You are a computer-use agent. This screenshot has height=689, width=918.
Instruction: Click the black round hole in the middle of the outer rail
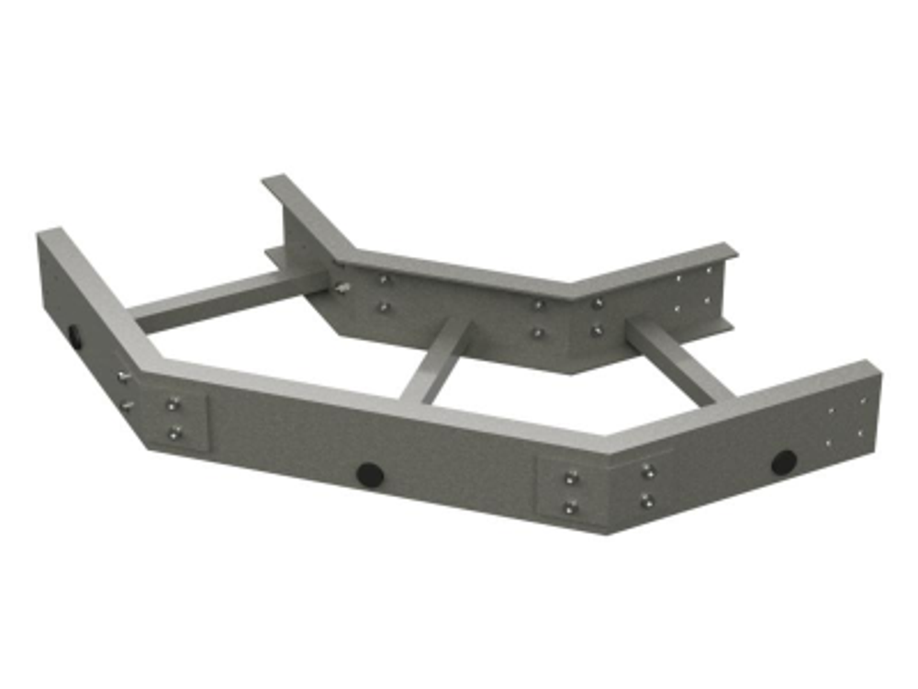pyautogui.click(x=369, y=474)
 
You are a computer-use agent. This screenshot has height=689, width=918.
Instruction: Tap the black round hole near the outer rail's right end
pyautogui.click(x=783, y=462)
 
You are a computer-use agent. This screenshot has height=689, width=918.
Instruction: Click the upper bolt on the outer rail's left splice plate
pyautogui.click(x=173, y=404)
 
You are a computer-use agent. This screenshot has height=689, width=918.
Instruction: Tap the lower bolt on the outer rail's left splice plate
pyautogui.click(x=174, y=432)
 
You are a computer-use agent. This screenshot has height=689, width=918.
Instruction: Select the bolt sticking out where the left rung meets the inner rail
pyautogui.click(x=342, y=288)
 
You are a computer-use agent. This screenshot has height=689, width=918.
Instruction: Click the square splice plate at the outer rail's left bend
pyautogui.click(x=179, y=419)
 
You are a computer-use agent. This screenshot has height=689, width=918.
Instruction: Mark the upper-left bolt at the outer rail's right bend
pyautogui.click(x=571, y=478)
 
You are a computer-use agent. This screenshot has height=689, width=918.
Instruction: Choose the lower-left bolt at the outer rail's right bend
pyautogui.click(x=571, y=507)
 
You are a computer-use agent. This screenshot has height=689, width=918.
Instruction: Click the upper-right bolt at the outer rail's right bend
pyautogui.click(x=647, y=471)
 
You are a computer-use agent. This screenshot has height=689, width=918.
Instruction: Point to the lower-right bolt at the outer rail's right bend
pyautogui.click(x=646, y=501)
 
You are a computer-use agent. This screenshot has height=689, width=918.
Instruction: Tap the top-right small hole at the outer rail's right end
pyautogui.click(x=861, y=401)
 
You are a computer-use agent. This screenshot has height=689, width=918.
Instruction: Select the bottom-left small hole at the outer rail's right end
pyautogui.click(x=828, y=443)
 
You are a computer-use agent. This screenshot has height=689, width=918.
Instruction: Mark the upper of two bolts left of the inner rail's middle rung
pyautogui.click(x=384, y=279)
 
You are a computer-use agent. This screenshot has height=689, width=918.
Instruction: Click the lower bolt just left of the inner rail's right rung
pyautogui.click(x=598, y=330)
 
